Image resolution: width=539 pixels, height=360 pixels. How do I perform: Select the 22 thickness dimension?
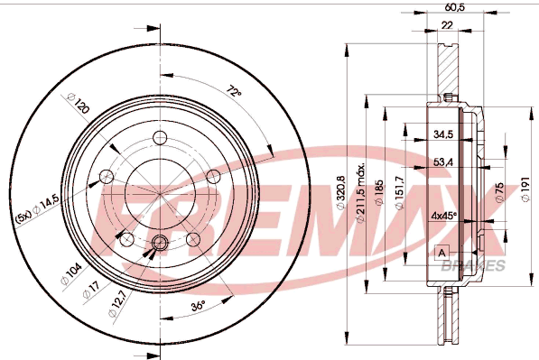point(447,24)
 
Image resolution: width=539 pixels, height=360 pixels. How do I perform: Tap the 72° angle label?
point(235,91)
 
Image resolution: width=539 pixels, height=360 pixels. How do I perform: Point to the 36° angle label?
point(199,305)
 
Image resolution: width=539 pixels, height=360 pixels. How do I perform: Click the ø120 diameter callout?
point(79,103)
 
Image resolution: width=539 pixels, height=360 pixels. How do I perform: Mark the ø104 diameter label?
point(71,273)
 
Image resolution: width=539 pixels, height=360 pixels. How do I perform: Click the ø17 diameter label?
point(91,289)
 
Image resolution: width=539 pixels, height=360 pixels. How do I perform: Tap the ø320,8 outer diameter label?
point(340,192)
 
